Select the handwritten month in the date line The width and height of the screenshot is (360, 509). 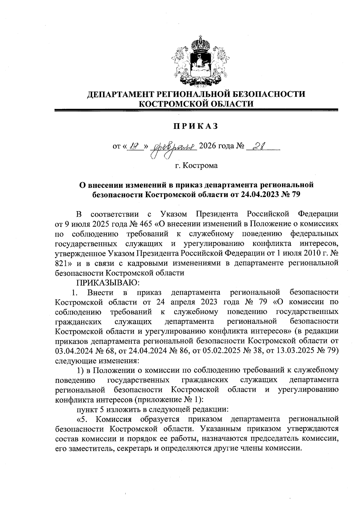pyautogui.click(x=175, y=147)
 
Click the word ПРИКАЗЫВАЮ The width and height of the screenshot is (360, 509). pyautogui.click(x=107, y=282)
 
